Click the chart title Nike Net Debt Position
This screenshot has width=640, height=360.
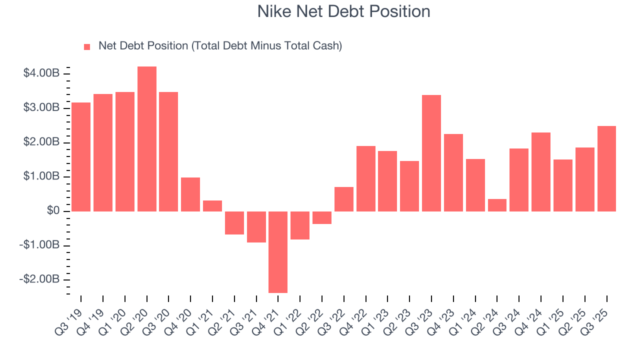pyautogui.click(x=343, y=11)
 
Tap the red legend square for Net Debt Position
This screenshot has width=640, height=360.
pyautogui.click(x=87, y=46)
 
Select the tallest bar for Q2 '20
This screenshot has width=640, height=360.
pyautogui.click(x=146, y=138)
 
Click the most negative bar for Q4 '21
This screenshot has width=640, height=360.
pyautogui.click(x=278, y=252)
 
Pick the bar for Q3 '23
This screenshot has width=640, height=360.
pyautogui.click(x=431, y=153)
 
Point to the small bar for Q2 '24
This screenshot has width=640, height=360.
pyautogui.click(x=497, y=205)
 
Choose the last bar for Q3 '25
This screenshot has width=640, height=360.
pyautogui.click(x=606, y=168)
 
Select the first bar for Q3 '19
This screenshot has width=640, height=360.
pyautogui.click(x=81, y=156)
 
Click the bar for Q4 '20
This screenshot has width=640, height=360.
pyautogui.click(x=190, y=194)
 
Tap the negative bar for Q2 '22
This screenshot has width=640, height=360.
pyautogui.click(x=322, y=217)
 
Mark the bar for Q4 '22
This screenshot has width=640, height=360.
pyautogui.click(x=366, y=178)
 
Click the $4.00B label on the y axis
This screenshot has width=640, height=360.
pyautogui.click(x=41, y=73)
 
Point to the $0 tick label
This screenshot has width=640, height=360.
pyautogui.click(x=53, y=211)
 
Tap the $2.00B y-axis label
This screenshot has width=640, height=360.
pyautogui.click(x=41, y=142)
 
